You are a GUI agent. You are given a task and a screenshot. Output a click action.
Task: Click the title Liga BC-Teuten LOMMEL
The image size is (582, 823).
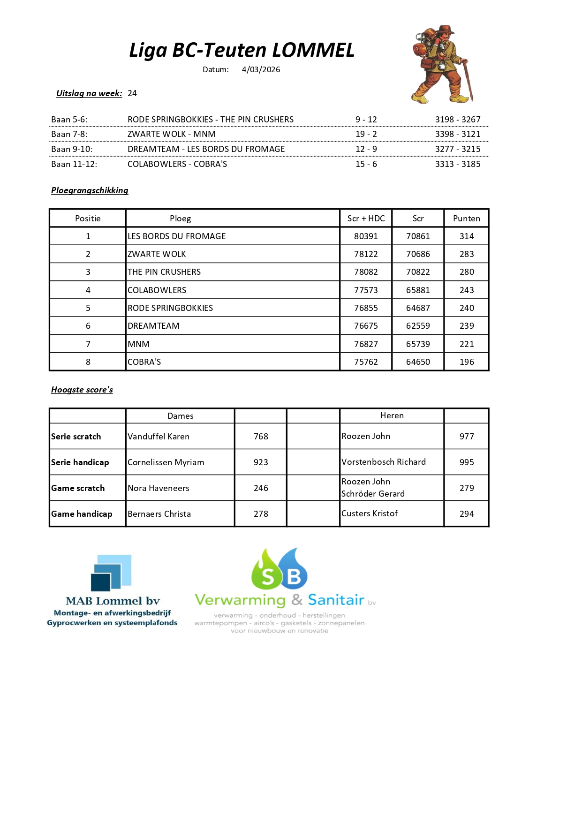[242, 50]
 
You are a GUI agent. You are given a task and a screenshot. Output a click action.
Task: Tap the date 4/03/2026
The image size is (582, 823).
[261, 69]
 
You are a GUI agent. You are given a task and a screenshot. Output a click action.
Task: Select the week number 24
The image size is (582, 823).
[132, 93]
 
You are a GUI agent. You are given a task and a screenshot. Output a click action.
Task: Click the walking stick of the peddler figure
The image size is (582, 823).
[468, 80]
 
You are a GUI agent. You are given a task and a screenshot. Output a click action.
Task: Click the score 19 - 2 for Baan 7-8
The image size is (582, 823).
[366, 134]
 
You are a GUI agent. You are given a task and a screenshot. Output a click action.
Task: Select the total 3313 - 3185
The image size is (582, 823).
[457, 164]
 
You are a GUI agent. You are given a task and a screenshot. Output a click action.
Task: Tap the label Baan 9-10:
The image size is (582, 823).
[72, 149]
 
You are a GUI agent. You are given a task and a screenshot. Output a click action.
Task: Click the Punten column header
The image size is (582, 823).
[466, 219]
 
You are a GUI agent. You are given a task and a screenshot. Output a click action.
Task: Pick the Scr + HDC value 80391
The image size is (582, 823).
[366, 236]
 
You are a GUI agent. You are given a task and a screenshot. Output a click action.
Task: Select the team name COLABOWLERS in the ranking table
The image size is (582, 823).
[157, 290]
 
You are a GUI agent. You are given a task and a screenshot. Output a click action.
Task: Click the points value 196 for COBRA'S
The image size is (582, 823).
[466, 362]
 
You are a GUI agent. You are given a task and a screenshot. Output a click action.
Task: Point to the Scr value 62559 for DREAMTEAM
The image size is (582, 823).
[417, 326]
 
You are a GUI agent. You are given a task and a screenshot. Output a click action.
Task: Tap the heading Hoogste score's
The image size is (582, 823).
[82, 390]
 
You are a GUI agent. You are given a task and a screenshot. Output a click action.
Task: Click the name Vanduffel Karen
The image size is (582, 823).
[159, 437]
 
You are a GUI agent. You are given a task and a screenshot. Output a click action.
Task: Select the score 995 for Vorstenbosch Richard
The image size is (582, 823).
[466, 462]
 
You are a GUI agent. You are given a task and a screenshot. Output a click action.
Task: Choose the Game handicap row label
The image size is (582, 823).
[82, 514]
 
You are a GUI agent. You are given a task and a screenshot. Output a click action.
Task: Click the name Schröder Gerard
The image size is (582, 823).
[373, 494]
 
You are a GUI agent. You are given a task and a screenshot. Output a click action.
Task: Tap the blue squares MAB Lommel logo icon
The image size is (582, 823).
[112, 573]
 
